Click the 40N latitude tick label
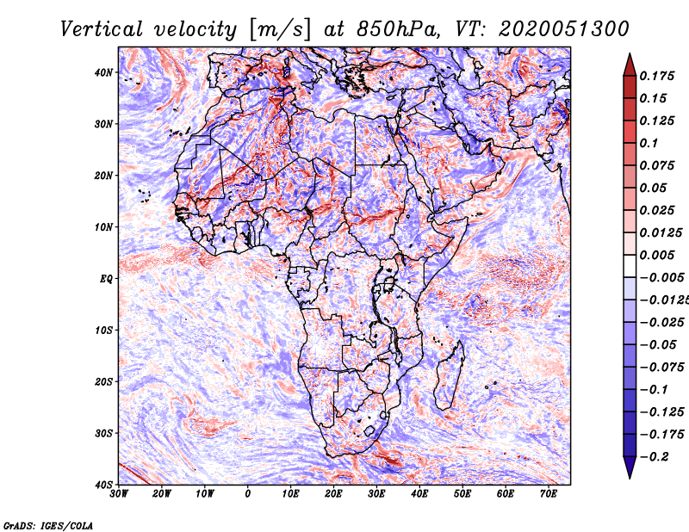(104, 72)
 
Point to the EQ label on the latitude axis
(107, 278)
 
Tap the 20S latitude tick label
(104, 381)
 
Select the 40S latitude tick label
(104, 485)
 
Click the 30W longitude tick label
(120, 494)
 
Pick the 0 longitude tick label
(248, 494)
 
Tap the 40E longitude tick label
(419, 494)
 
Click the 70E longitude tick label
(549, 494)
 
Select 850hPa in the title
(392, 28)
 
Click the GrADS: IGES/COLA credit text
(48, 524)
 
